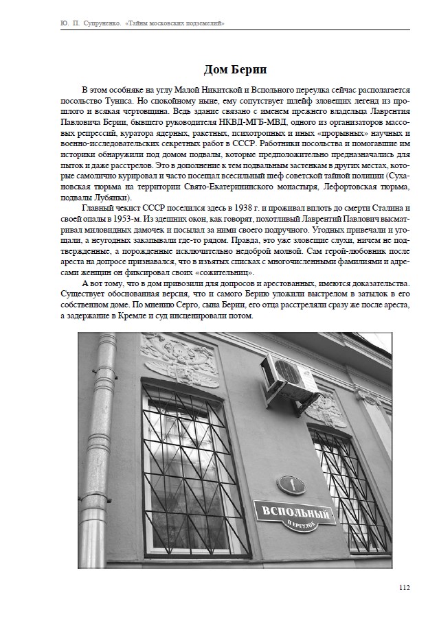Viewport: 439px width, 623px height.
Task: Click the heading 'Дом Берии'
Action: [234, 70]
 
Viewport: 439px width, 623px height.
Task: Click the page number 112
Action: [403, 587]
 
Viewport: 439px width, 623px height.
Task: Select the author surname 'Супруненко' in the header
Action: [95, 24]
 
